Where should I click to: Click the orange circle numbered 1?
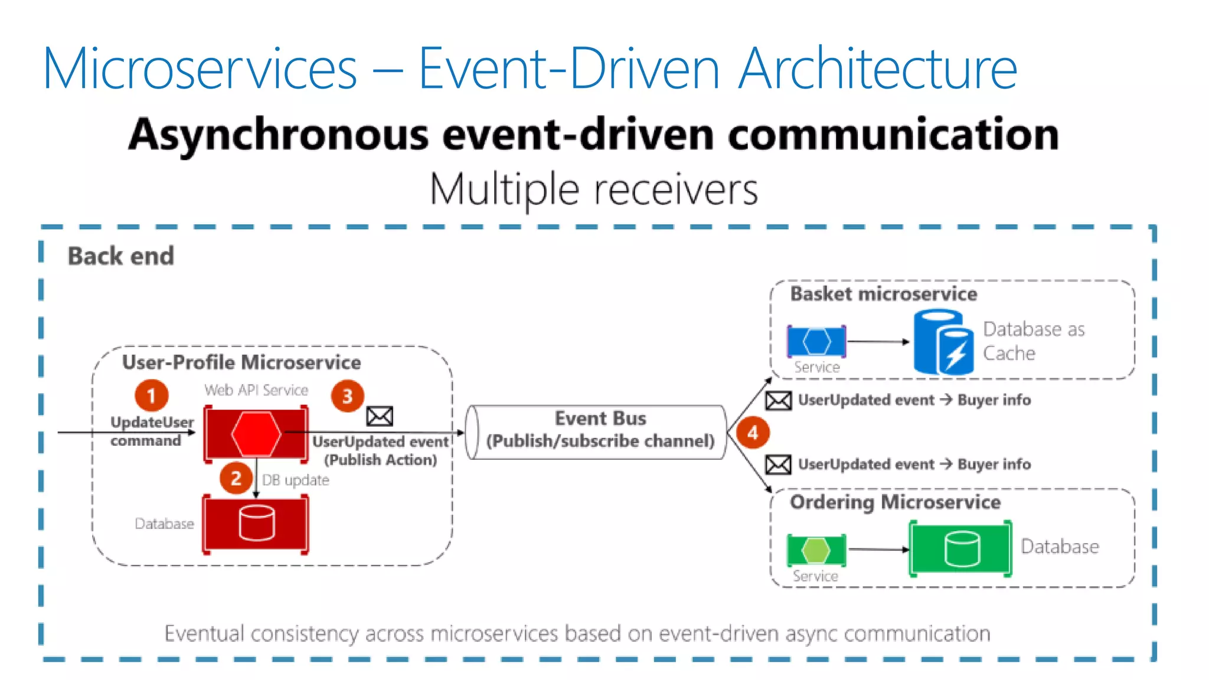point(152,395)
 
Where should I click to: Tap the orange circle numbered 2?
point(236,478)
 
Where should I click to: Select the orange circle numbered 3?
point(347,396)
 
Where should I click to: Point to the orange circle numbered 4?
point(753,433)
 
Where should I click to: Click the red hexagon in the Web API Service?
point(256,434)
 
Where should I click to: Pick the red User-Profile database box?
point(256,524)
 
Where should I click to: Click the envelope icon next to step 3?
point(380,416)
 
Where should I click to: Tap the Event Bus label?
point(600,419)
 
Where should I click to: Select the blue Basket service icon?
point(816,341)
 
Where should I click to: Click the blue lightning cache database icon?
point(943,343)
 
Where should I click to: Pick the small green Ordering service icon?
point(816,550)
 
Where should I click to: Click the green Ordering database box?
point(960,548)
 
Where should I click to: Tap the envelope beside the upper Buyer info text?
point(778,401)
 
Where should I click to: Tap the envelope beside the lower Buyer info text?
point(778,465)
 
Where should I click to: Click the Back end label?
point(121,256)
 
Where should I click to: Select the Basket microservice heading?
point(883,294)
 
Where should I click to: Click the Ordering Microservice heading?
point(895,502)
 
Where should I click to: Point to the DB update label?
point(295,480)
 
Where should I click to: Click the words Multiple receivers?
point(593,190)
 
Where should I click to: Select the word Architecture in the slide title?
point(878,69)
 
